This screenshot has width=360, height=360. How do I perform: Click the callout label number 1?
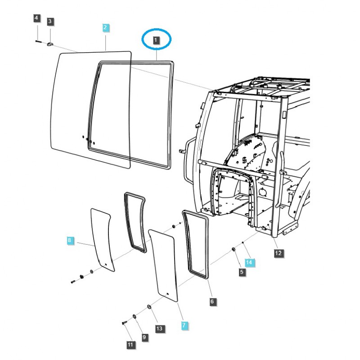click(x=156, y=40)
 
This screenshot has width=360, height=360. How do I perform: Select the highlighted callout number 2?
click(x=105, y=28)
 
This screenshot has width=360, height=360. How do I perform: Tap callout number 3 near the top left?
click(x=50, y=21)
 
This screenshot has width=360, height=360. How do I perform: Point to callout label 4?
click(x=37, y=18)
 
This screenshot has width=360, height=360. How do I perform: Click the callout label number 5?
click(x=242, y=272)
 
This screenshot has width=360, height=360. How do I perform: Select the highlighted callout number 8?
click(x=69, y=241)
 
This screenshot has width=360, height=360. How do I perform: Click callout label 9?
click(x=144, y=337)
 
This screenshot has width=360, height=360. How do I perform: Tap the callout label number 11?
click(x=130, y=345)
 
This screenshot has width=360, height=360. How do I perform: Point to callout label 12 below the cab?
click(x=278, y=253)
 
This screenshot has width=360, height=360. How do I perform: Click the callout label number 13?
click(x=159, y=329)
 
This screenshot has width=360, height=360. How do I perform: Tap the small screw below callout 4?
click(x=38, y=41)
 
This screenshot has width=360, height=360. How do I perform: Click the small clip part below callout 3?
click(x=50, y=43)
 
